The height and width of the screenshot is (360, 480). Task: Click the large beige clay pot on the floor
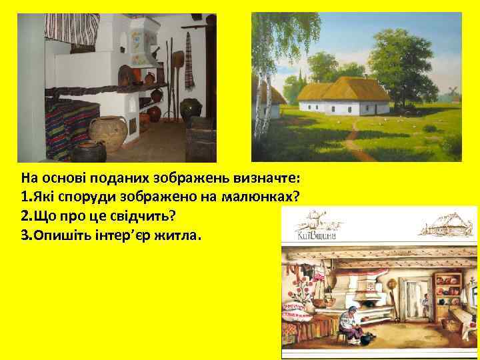107,133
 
